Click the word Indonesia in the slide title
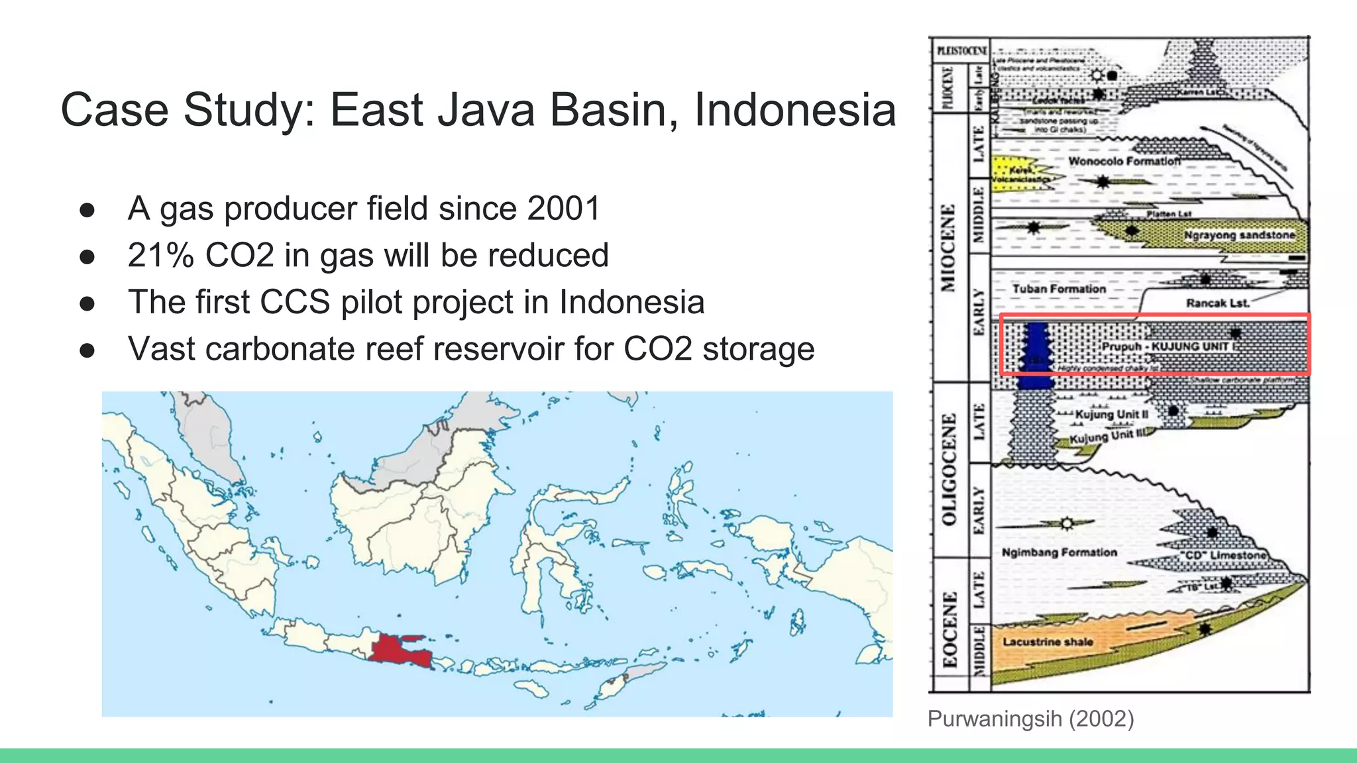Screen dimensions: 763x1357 point(794,110)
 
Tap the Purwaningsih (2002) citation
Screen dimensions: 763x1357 point(1030,719)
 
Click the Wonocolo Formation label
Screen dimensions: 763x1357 point(1124,161)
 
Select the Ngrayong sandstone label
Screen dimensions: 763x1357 point(1238,235)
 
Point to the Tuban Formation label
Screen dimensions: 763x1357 point(1059,289)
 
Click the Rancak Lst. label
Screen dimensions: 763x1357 point(1217,303)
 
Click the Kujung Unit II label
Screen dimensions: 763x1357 point(1111,415)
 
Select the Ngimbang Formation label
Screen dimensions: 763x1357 point(1059,552)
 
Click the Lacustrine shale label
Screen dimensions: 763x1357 point(1047,642)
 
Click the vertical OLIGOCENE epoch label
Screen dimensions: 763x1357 point(949,469)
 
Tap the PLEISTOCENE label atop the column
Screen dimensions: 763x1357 point(961,50)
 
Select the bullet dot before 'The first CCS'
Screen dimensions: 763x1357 point(87,304)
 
